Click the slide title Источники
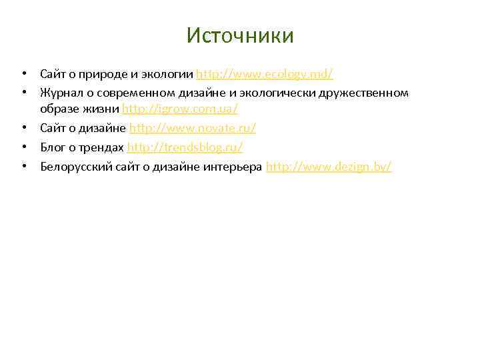tap(240, 35)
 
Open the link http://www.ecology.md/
tap(265, 73)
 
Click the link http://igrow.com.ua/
tap(180, 109)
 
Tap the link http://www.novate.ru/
tap(193, 127)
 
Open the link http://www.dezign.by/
tap(329, 166)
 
